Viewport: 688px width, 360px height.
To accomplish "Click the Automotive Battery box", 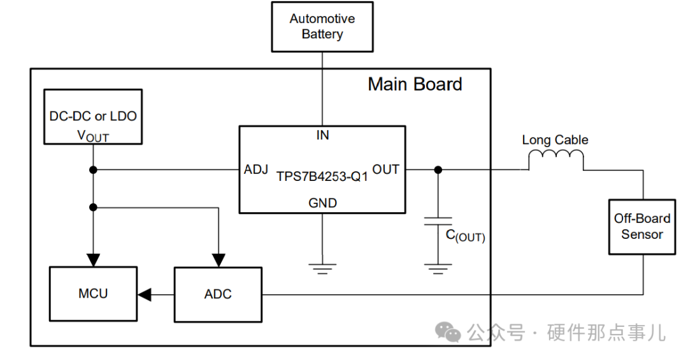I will coord(322,27).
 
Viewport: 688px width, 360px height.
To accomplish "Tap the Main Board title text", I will coord(415,84).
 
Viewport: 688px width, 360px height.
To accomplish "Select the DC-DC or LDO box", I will coord(93,117).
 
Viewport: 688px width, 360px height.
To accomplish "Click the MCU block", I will coord(93,294).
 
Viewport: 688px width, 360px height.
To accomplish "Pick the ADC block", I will coord(218,294).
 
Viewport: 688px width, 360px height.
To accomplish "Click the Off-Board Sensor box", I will coord(642,227).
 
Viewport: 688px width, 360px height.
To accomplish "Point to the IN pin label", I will coord(322,135).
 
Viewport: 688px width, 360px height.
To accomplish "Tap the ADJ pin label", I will coord(256,170).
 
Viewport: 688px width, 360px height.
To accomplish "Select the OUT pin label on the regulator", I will coord(385,169).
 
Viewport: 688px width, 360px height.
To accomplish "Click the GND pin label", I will coord(322,203).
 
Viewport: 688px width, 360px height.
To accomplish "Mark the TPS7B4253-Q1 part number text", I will coord(322,177).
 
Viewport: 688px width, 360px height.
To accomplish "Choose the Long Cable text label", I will coord(555,140).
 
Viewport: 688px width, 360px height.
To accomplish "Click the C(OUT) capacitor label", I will coord(465,236).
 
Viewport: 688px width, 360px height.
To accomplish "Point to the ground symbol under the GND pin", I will coord(322,266).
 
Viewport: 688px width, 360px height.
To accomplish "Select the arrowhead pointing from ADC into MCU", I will coord(144,294).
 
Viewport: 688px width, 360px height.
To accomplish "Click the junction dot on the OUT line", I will coord(438,170).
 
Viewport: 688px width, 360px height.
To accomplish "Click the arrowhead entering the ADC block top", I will coord(219,259).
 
